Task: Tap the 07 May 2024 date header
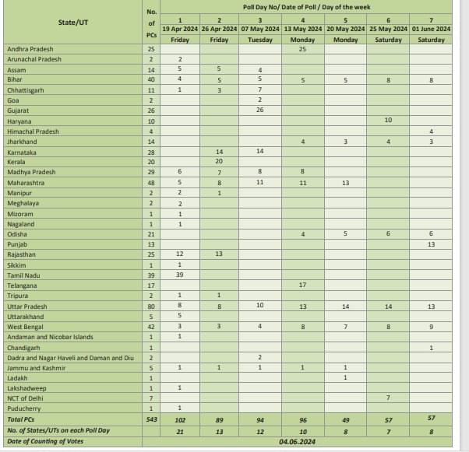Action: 259,29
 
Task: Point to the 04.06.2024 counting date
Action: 301,442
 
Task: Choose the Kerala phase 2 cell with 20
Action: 220,162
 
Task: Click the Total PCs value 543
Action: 151,419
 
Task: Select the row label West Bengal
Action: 27,326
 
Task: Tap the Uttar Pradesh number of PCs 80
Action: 151,306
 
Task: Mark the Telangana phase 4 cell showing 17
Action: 302,286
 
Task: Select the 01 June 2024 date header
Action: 431,29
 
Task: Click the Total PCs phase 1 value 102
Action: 180,419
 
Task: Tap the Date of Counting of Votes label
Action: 44,441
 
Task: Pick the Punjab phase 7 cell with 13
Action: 431,244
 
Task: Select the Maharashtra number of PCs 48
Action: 151,182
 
